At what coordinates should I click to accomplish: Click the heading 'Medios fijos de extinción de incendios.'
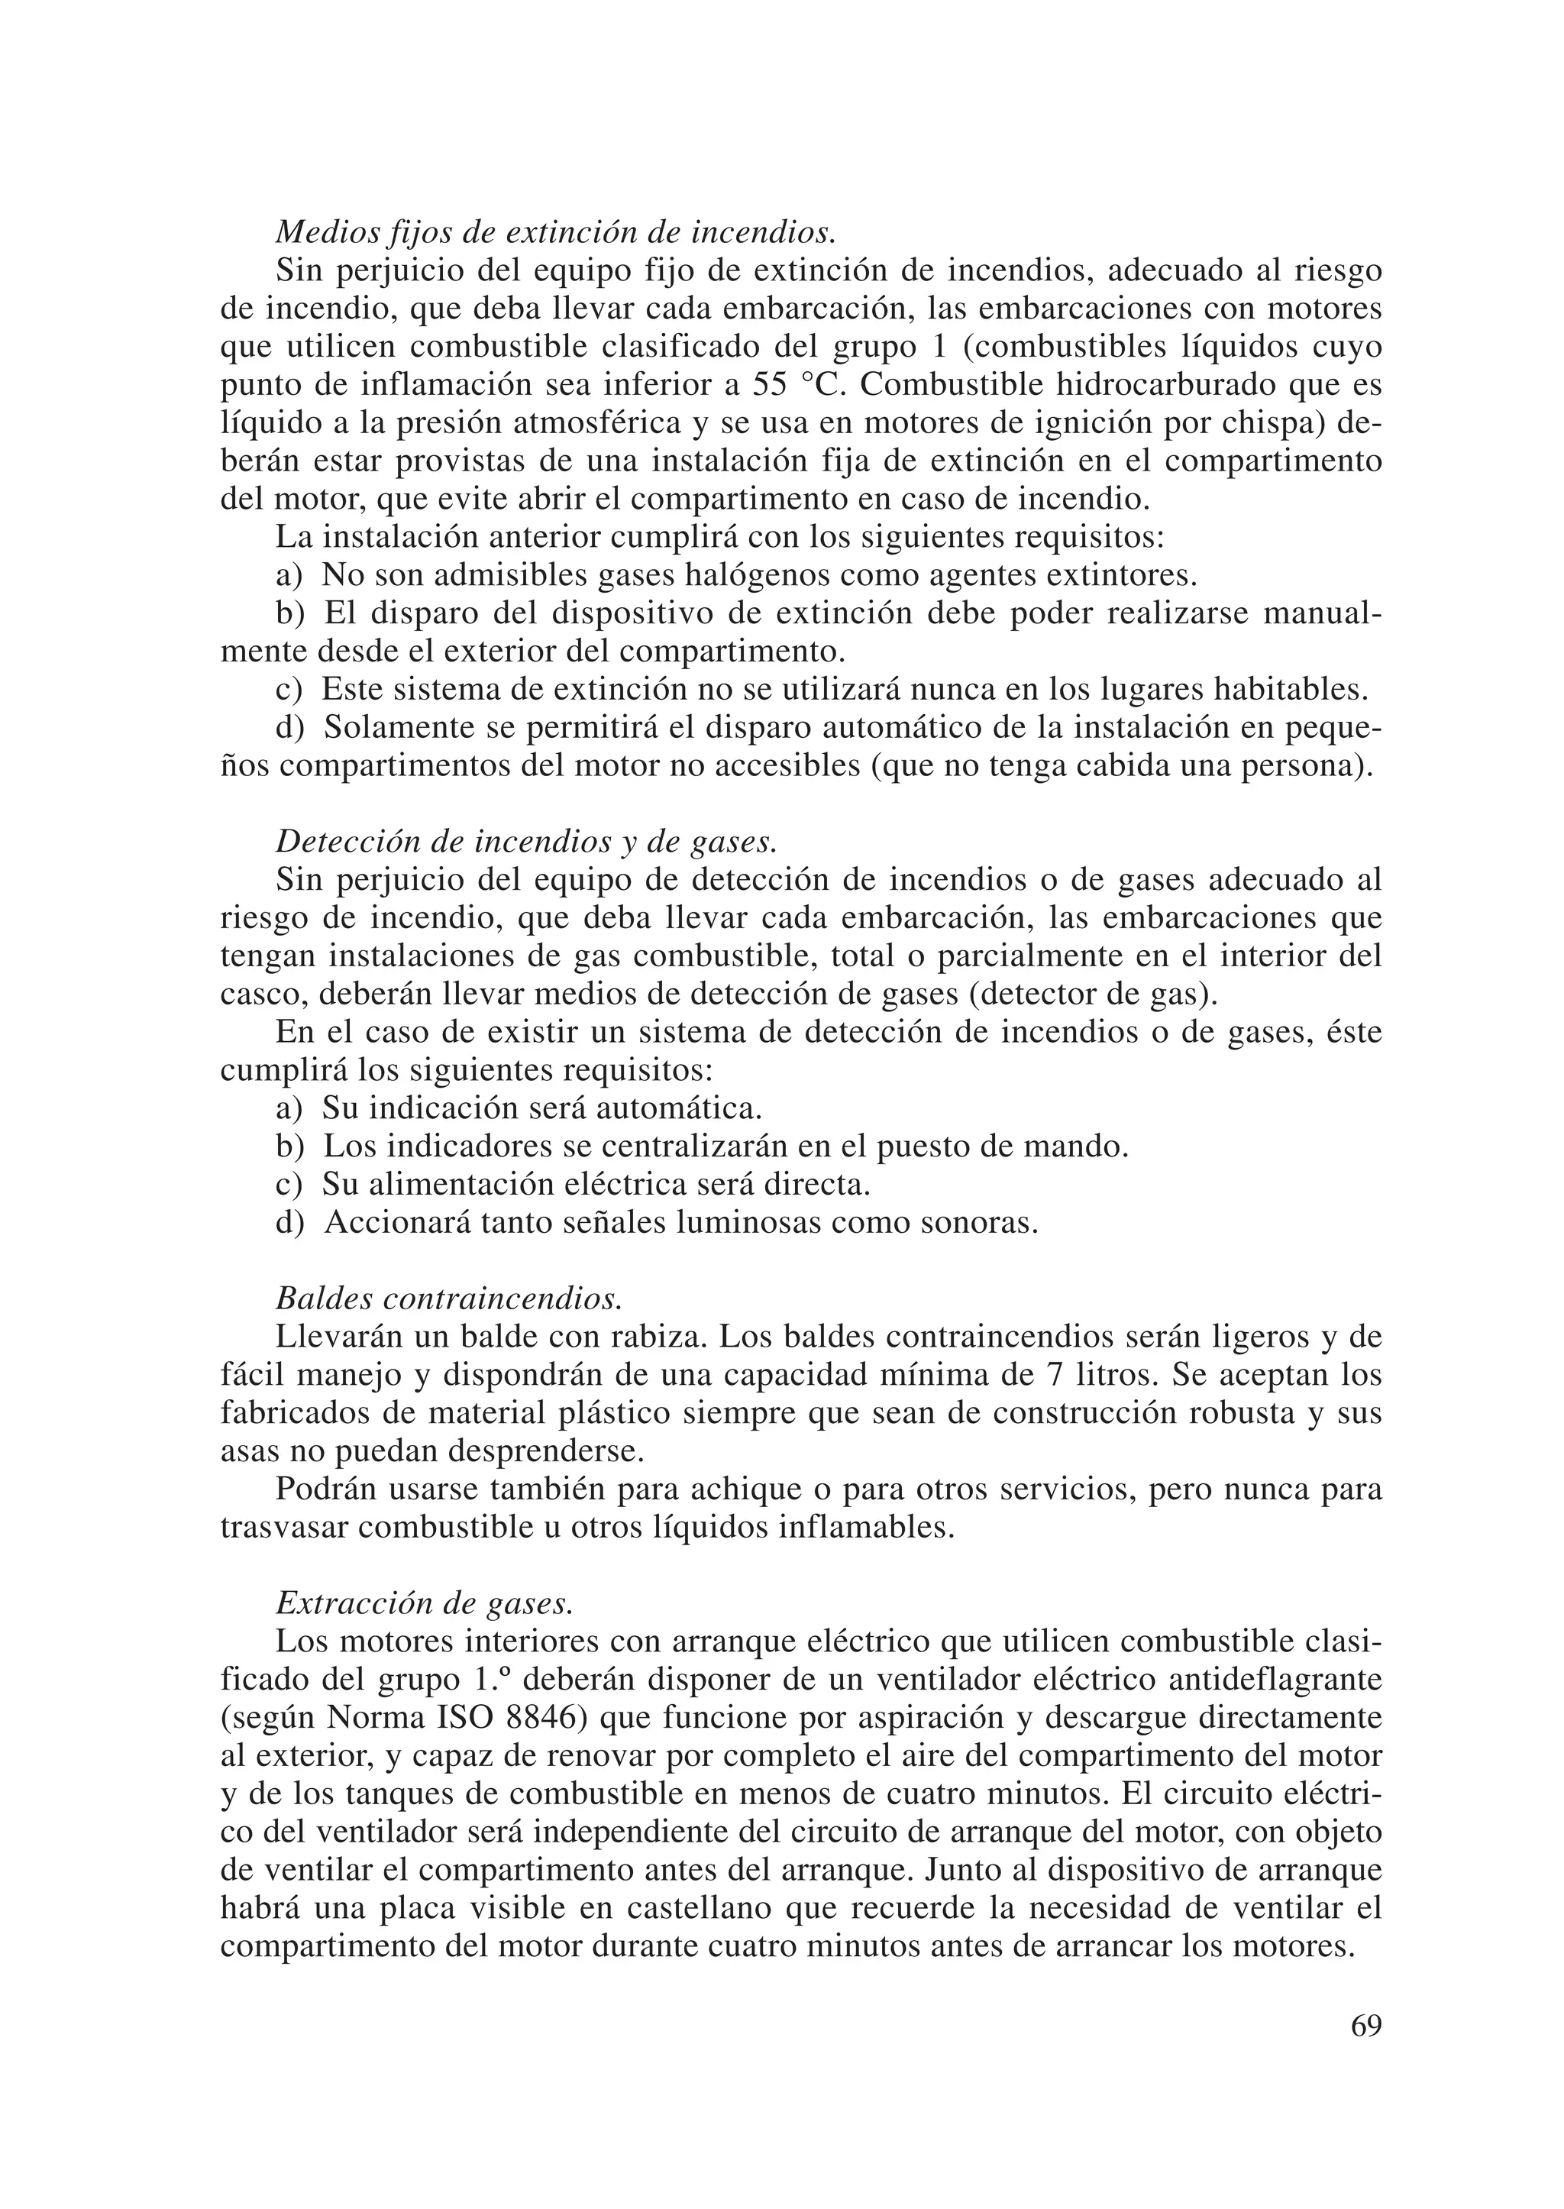pos(556,232)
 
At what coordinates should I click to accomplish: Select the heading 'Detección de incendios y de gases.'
pos(526,841)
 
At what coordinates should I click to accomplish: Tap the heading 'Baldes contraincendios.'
pos(449,1298)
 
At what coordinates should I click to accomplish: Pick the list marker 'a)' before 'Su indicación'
pos(289,1108)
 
